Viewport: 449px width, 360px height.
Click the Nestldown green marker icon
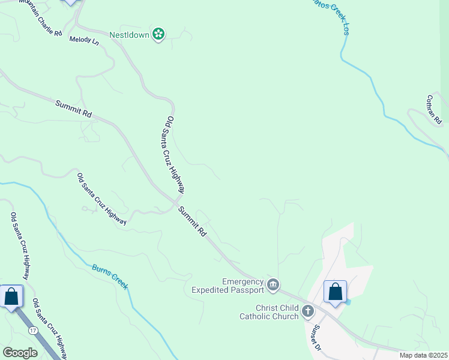point(158,34)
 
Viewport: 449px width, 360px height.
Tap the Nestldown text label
point(128,35)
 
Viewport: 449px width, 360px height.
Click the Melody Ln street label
point(84,40)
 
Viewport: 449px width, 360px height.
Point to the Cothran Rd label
point(434,109)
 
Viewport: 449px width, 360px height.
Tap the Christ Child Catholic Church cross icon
point(308,311)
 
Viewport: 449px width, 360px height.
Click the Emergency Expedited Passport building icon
point(273,284)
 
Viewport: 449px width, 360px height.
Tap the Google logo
point(20,352)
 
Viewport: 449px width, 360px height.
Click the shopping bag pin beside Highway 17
point(11,296)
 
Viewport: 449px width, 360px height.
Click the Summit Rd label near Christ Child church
point(193,220)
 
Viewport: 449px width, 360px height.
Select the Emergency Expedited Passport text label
point(228,286)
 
